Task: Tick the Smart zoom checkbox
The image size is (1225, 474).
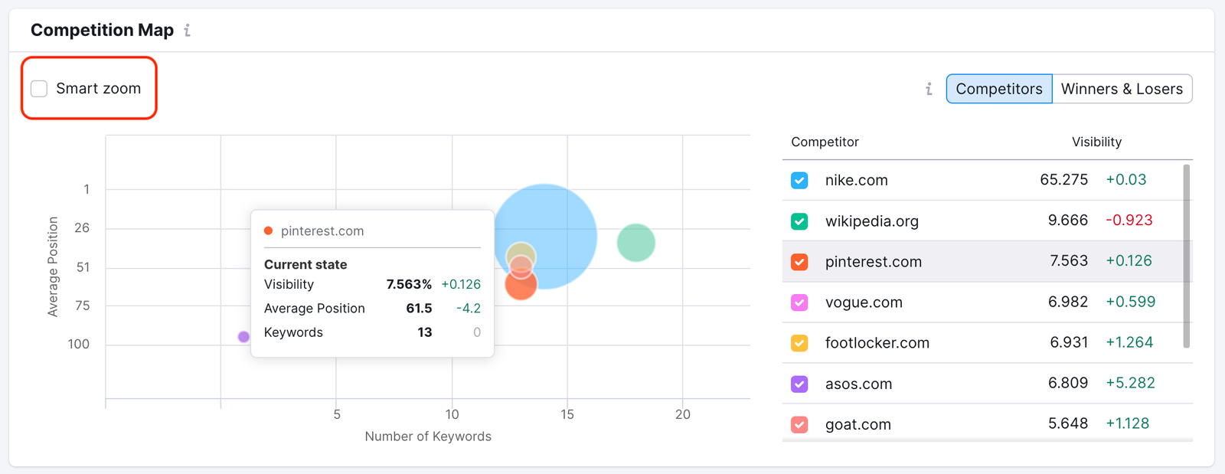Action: click(39, 89)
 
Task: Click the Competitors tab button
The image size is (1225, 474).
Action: click(998, 89)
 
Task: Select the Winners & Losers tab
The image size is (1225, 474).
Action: click(1122, 89)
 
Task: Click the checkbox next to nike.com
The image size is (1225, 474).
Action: click(799, 181)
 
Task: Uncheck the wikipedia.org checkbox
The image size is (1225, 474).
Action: click(799, 221)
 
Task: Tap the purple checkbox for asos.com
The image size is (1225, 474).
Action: click(799, 384)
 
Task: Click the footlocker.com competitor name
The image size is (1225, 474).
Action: click(877, 343)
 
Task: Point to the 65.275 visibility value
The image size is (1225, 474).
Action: click(1063, 180)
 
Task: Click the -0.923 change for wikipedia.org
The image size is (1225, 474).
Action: click(1129, 221)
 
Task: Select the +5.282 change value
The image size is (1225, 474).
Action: click(1130, 383)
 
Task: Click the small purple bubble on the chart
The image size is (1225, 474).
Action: click(243, 337)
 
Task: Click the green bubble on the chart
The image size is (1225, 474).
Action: click(636, 243)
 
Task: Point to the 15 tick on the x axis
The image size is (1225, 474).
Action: click(567, 414)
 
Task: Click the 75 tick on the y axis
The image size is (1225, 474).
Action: click(82, 306)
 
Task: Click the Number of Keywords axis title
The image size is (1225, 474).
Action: click(428, 436)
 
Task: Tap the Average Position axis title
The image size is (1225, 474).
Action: click(53, 266)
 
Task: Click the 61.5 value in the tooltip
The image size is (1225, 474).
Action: click(419, 309)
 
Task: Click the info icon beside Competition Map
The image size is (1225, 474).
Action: click(188, 31)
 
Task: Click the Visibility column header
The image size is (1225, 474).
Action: click(1096, 142)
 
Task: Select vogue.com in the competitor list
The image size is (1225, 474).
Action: click(864, 302)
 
